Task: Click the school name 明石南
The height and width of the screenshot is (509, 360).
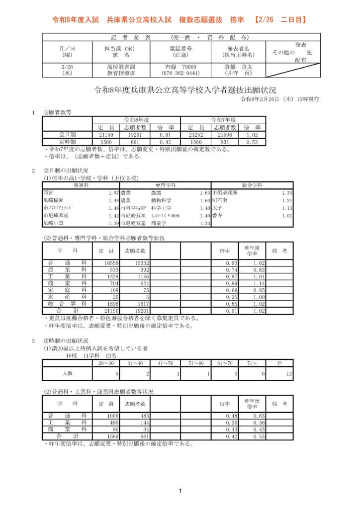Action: (x=219, y=200)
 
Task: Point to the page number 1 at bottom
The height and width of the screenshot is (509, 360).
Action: (x=180, y=492)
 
